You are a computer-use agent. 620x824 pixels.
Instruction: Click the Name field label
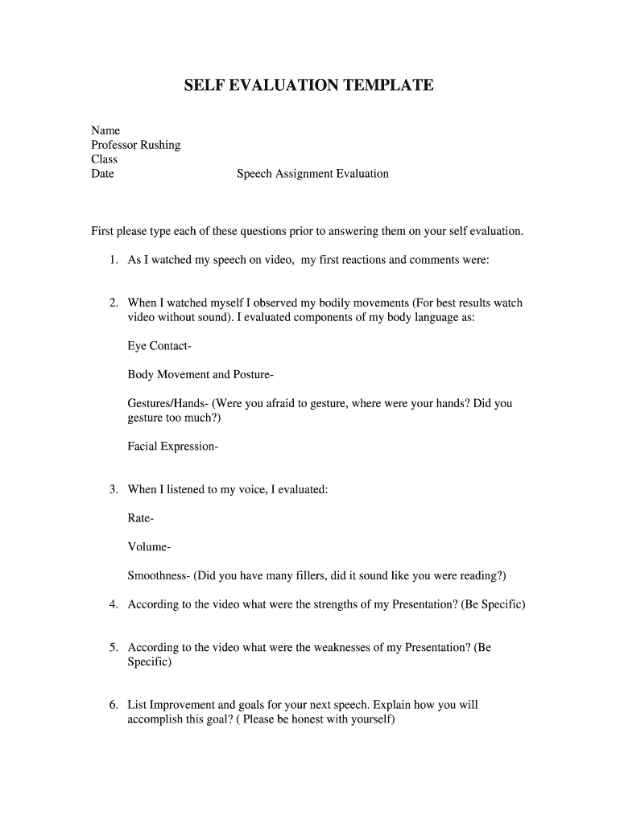point(105,130)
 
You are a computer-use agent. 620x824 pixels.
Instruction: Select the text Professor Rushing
point(135,145)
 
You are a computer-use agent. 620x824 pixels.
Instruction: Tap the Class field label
point(104,159)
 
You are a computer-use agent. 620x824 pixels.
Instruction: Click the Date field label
point(102,174)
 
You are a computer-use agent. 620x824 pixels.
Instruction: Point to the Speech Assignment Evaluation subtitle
point(312,174)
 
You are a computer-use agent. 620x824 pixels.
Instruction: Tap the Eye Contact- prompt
point(159,347)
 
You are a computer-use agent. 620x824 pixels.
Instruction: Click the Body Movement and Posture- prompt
point(200,375)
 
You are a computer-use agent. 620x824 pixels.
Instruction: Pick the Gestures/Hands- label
point(167,404)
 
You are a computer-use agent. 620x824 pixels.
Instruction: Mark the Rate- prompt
point(141,518)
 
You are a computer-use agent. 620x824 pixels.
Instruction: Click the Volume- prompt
point(149,547)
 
